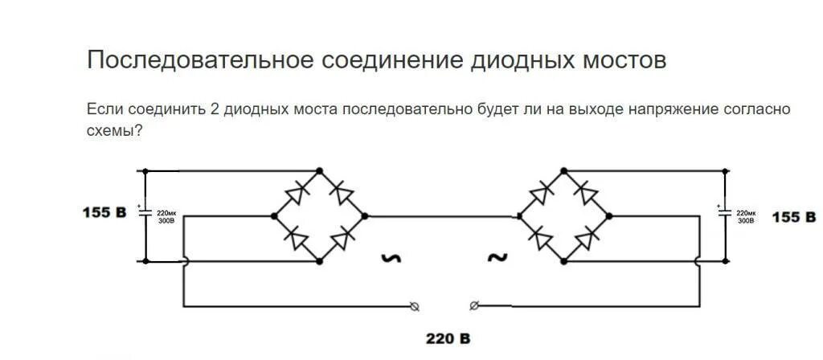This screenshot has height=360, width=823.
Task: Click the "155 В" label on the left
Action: pyautogui.click(x=104, y=214)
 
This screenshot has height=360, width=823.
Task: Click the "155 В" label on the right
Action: pyautogui.click(x=793, y=217)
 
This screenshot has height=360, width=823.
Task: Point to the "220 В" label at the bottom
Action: pyautogui.click(x=448, y=338)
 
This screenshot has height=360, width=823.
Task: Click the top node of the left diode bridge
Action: pyautogui.click(x=320, y=170)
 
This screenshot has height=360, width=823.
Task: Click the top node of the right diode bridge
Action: pyautogui.click(x=563, y=170)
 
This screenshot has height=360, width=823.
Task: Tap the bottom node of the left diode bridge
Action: pyautogui.click(x=320, y=261)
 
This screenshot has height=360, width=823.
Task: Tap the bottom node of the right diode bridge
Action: pyautogui.click(x=563, y=261)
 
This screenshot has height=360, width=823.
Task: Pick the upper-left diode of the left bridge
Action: pyautogui.click(x=296, y=193)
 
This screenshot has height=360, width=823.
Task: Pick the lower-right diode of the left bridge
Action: pyautogui.click(x=343, y=238)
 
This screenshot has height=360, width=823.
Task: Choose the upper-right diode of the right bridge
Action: pyautogui.click(x=588, y=193)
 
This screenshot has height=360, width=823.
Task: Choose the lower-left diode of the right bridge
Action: pyautogui.click(x=540, y=238)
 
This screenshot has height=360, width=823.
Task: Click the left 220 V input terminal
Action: pyautogui.click(x=414, y=305)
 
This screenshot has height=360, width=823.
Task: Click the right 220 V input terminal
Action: pyautogui.click(x=474, y=305)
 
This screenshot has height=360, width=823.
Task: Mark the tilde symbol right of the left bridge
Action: pyautogui.click(x=392, y=259)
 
